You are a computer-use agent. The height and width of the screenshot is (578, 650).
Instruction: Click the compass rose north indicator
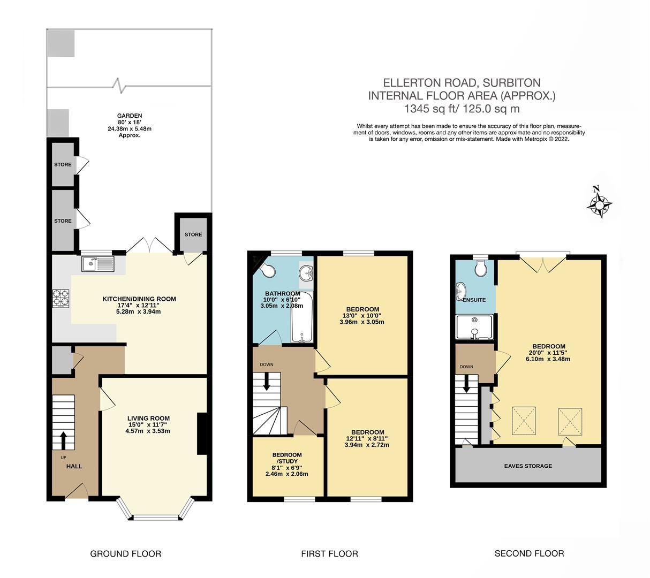pos(600,202)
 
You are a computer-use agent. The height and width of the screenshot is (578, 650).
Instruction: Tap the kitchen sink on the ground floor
pos(97,263)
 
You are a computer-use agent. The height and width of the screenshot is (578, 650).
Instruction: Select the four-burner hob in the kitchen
pos(61,297)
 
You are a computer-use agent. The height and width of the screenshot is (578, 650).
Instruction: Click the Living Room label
pos(148,419)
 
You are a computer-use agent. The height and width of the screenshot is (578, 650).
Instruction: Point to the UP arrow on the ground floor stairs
pos(64,440)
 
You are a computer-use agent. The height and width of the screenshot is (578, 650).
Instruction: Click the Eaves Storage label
pos(528,466)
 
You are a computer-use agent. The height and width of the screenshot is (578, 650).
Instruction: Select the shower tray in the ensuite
pos(474,327)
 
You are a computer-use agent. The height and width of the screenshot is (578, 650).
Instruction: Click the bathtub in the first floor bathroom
pos(301,317)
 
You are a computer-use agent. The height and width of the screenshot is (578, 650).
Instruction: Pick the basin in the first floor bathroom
pos(306,273)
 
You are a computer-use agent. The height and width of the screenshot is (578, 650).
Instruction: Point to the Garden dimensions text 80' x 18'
pos(130,122)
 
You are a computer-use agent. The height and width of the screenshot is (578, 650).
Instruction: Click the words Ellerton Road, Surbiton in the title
pos(462,83)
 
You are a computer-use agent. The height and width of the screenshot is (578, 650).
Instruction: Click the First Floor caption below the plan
pos(329,553)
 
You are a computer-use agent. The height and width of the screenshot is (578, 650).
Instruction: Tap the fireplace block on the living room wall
pos(202,433)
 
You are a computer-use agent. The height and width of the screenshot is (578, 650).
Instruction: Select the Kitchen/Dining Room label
pos(139,299)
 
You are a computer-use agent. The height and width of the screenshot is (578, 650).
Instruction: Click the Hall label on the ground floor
pos(74,466)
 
